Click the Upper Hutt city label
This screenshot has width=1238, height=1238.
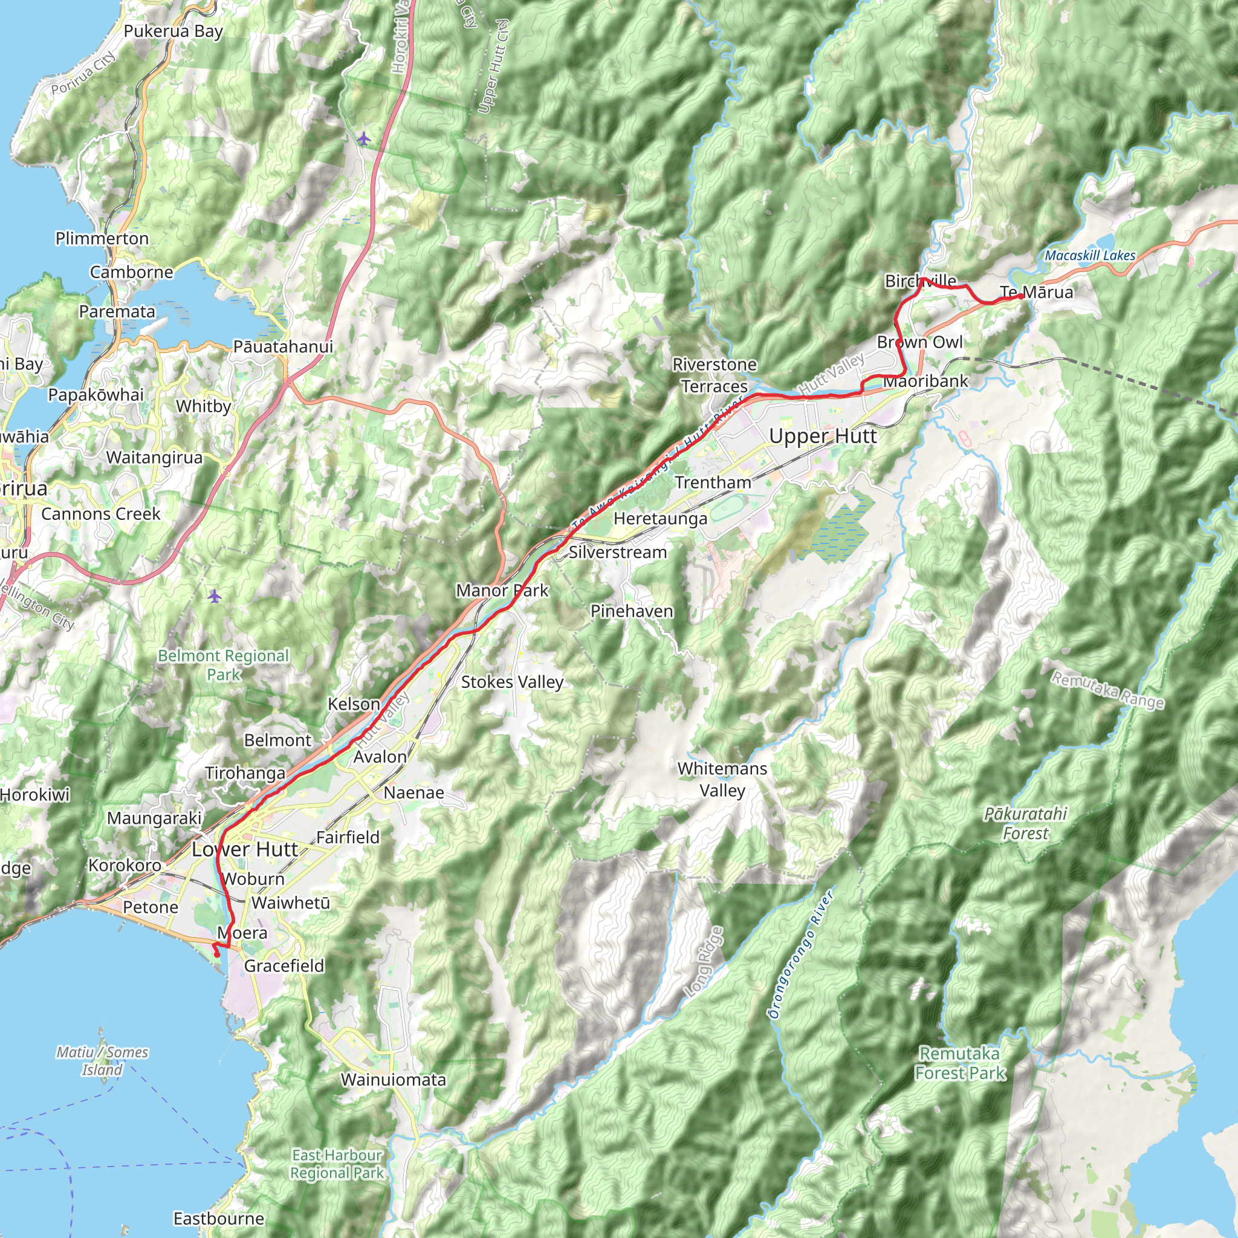822,436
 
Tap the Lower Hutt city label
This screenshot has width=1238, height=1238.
245,850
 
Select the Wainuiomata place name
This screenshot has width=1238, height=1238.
393,1080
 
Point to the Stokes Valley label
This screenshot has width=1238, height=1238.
512,682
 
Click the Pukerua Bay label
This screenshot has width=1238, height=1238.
173,31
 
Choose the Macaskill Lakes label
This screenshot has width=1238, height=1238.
1089,256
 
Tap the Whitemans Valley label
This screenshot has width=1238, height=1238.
722,779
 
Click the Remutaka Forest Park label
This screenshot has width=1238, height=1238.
960,1063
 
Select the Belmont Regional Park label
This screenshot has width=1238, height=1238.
224,664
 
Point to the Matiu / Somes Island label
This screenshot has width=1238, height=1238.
102,1060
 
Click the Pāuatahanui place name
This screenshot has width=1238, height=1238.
282,346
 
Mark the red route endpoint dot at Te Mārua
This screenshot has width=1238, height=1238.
1020,296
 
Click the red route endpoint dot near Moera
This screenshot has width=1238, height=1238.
216,954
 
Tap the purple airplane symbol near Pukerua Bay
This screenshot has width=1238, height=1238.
364,138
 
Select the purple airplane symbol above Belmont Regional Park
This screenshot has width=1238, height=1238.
214,596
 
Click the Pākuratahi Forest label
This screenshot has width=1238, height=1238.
1025,823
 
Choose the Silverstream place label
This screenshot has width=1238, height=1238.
618,553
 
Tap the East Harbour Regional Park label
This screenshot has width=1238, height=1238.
337,1164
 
